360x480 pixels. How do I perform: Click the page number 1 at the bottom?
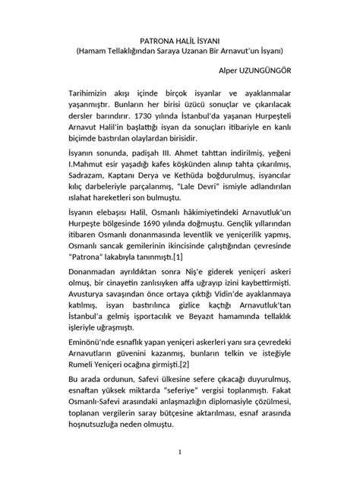coord(179,453)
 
